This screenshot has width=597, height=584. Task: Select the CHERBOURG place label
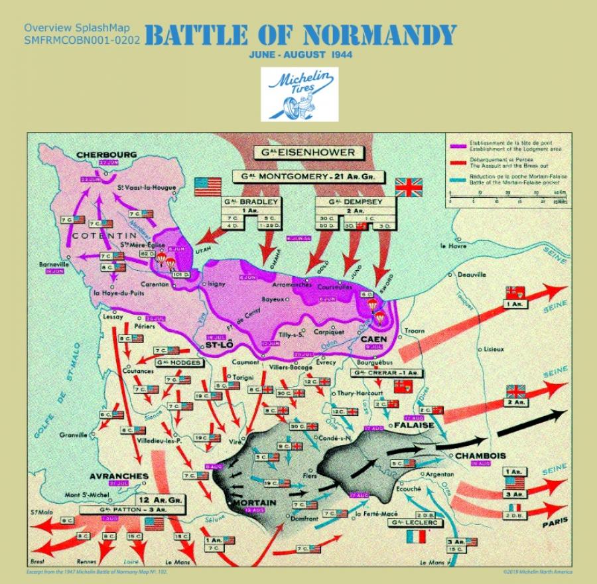(x=106, y=155)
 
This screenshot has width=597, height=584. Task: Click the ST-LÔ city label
(x=217, y=344)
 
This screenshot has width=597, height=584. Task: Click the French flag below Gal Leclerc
(x=416, y=536)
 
